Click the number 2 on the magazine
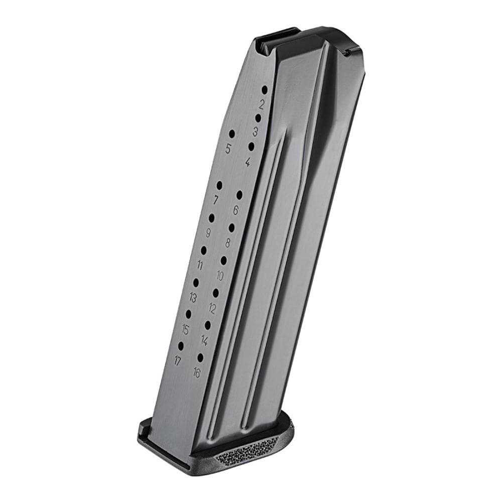click(x=262, y=104)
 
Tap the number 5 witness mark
click(x=228, y=149)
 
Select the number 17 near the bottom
click(x=177, y=360)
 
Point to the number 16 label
click(x=196, y=372)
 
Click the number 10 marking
click(x=220, y=275)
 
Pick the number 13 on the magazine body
click(x=193, y=298)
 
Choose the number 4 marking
click(x=247, y=162)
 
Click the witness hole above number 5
click(x=232, y=134)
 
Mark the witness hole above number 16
click(x=200, y=357)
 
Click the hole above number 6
click(x=239, y=195)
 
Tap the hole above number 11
click(x=204, y=249)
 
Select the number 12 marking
click(x=212, y=308)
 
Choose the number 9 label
click(x=208, y=232)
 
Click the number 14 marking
click(x=204, y=340)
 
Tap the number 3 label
click(x=255, y=132)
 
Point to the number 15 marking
click(x=185, y=329)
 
